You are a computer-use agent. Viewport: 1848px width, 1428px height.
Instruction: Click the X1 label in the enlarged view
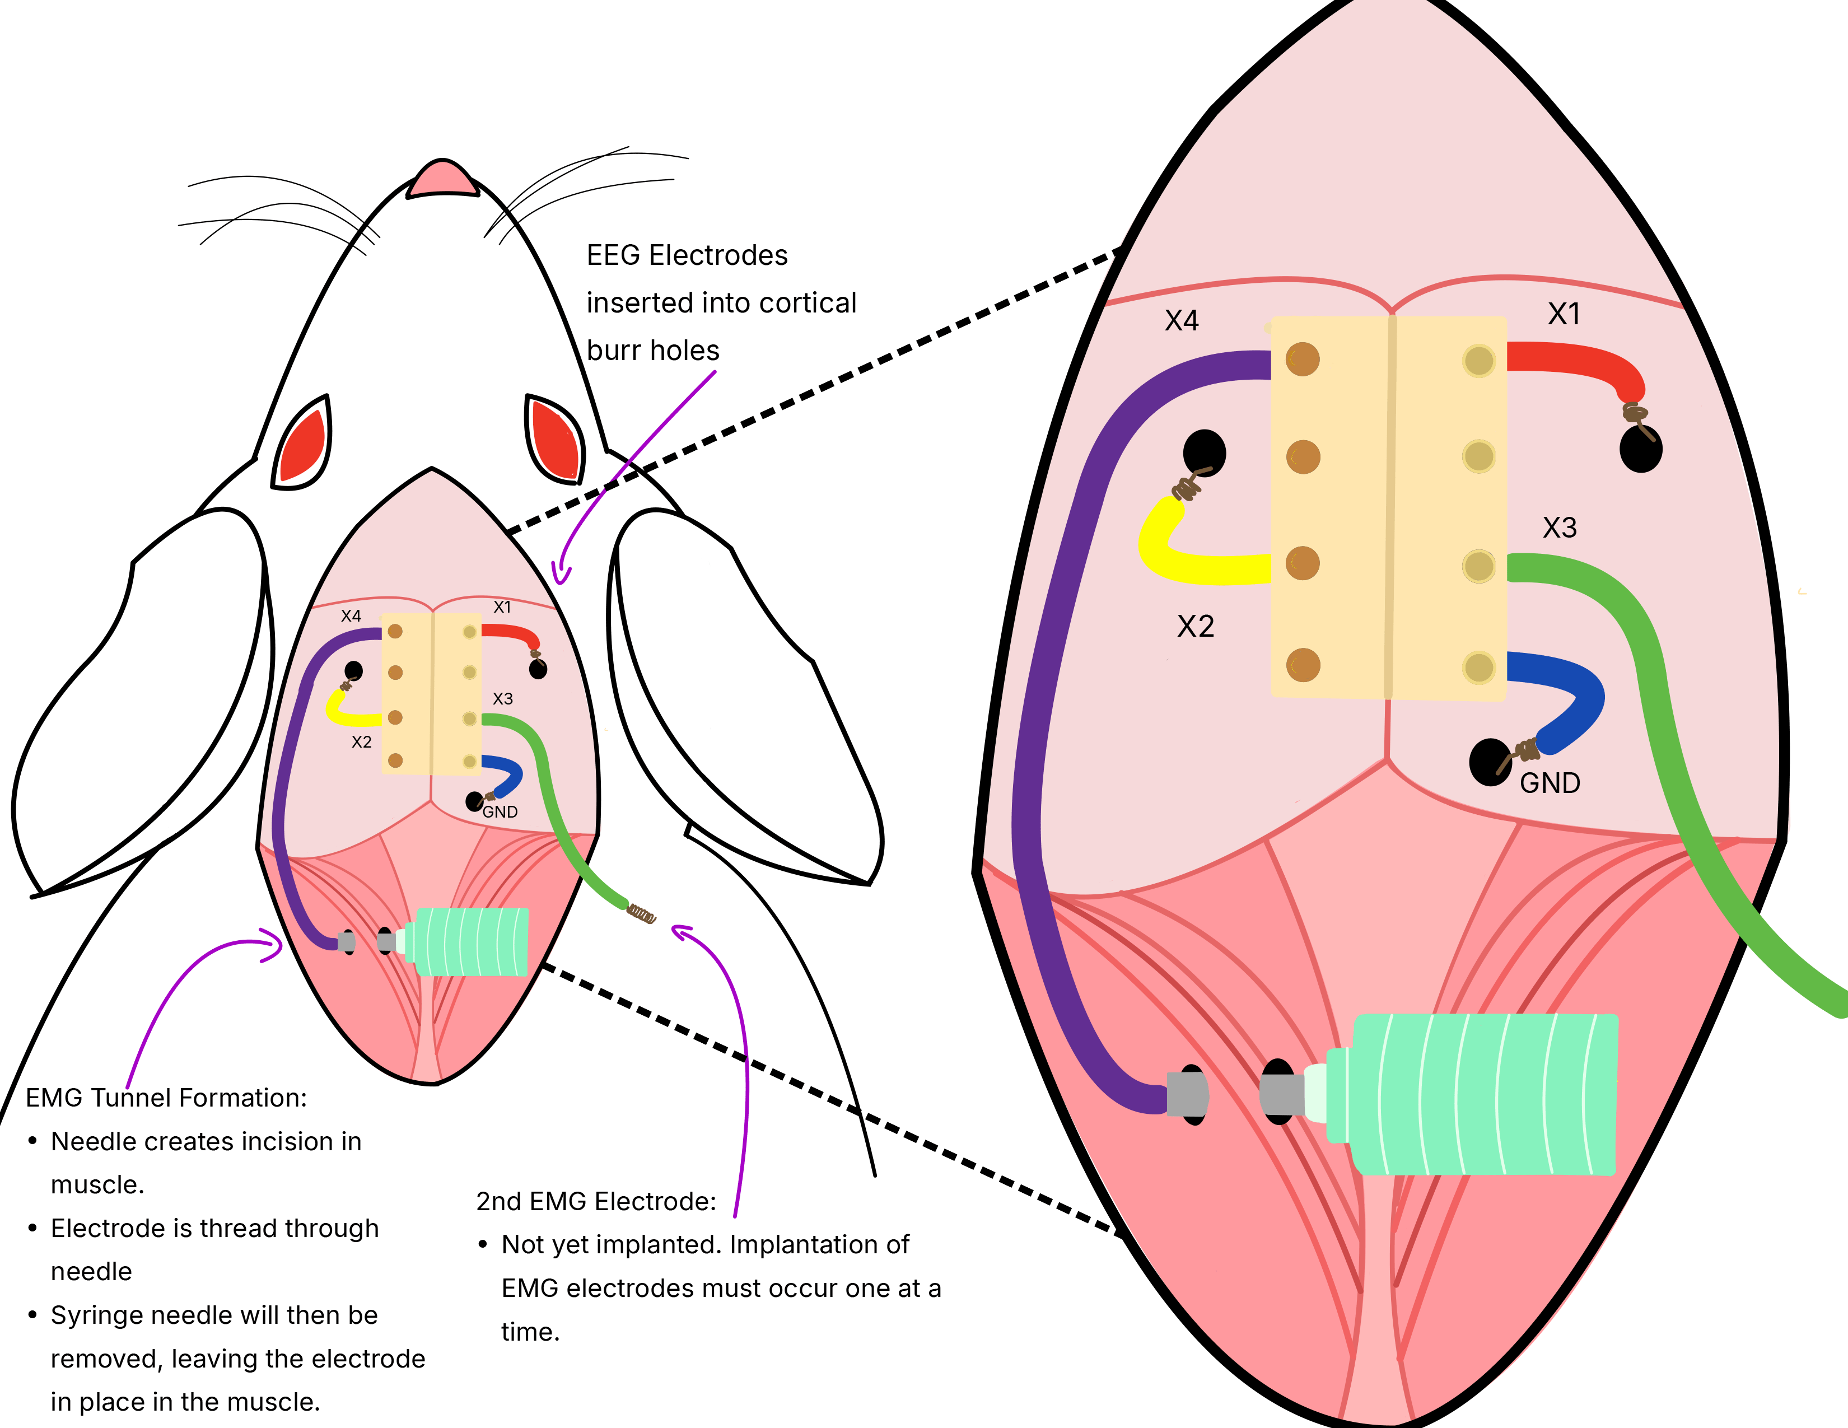[x=1564, y=315]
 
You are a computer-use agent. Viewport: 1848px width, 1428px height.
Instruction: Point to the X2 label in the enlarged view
[x=1196, y=627]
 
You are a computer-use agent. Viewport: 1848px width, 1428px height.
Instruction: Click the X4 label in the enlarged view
[x=1181, y=321]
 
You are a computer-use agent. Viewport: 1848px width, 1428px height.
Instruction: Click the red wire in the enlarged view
[x=1574, y=360]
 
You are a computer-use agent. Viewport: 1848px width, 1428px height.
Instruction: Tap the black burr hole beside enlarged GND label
[x=1489, y=762]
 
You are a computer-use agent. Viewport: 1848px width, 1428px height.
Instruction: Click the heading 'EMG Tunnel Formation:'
[x=166, y=1098]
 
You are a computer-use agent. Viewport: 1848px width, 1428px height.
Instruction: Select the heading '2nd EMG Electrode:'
[x=596, y=1201]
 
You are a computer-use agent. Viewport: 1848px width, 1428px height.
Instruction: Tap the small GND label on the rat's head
[x=500, y=812]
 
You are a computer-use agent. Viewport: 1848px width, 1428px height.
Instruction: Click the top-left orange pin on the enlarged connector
[x=1302, y=360]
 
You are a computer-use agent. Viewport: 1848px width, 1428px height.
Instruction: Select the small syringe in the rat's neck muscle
[x=465, y=941]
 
